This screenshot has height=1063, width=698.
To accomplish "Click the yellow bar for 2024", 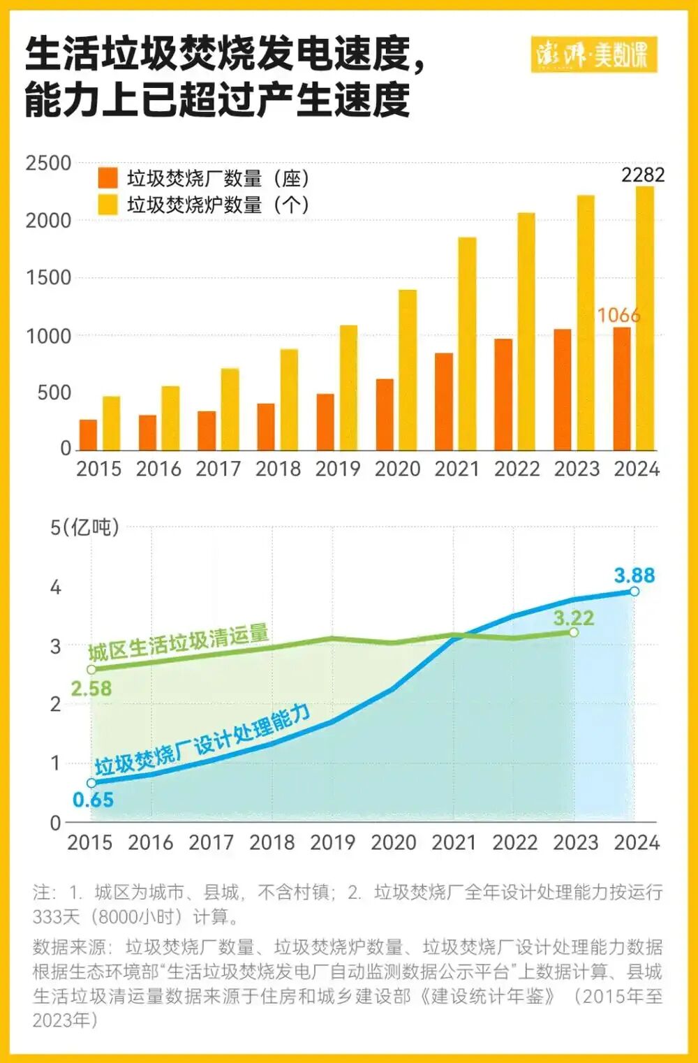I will coord(645,318).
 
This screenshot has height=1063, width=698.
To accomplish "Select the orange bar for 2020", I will coord(385,414).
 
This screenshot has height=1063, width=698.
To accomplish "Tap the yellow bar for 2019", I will coord(348,388).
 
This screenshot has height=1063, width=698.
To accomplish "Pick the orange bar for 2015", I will coord(88,434).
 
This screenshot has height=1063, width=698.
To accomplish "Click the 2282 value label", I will coord(643,175).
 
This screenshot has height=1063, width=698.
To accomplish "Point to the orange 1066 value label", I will coord(618,316).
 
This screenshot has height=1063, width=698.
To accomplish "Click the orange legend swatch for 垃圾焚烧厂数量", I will coord(108,178).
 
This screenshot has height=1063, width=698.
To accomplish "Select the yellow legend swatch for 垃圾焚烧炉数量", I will coord(108,205).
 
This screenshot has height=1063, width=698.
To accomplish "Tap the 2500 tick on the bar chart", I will coord(48,163).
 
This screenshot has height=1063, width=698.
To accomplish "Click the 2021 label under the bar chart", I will coord(457,469).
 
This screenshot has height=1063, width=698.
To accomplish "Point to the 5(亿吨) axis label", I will coord(84,527).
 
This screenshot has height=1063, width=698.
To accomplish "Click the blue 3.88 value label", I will coord(634,576).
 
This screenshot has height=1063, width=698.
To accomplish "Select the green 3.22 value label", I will coord(573,617).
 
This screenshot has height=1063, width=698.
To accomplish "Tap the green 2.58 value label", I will coord(91,689).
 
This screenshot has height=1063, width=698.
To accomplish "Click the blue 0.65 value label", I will coord(93,800).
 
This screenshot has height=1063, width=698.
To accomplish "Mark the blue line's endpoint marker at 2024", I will coord(634,592).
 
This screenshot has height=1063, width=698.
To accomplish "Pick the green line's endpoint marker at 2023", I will coord(574,632).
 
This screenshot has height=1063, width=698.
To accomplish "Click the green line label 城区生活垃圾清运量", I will coord(178,643).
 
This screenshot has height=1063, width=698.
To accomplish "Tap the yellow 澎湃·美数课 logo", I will coord(593,54).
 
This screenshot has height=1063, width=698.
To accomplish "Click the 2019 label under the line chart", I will coord(332,842).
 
